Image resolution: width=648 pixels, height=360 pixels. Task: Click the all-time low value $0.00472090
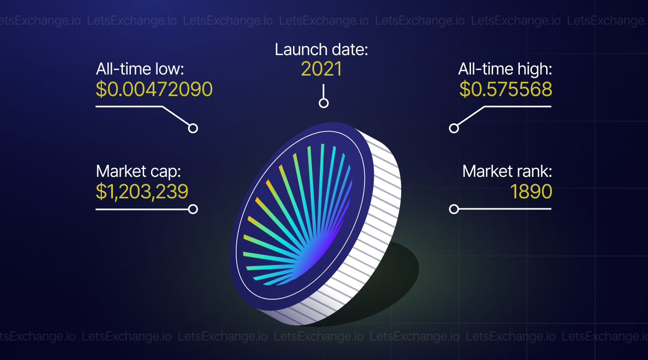pos(154,89)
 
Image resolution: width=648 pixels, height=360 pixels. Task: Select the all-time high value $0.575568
pos(505,89)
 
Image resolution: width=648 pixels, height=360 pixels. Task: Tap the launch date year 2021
pos(321,69)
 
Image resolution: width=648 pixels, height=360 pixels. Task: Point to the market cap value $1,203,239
pos(142,192)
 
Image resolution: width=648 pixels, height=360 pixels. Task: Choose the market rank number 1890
pos(531,192)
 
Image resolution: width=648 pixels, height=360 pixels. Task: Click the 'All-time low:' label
pos(140,69)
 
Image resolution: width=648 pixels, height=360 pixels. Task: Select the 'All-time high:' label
pos(505,69)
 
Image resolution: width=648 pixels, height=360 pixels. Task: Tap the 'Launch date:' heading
pos(321,49)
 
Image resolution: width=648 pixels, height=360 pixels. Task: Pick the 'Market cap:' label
pos(138,172)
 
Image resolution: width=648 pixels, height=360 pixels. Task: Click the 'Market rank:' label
pos(507,171)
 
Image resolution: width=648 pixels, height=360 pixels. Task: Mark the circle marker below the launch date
pos(323,103)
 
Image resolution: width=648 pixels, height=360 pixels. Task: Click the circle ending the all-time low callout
pos(193,128)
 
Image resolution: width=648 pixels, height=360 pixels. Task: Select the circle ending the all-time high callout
pos(454,128)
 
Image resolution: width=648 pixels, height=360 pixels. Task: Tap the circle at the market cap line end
pos(193,209)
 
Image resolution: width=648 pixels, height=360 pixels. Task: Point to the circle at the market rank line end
pos(454,209)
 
